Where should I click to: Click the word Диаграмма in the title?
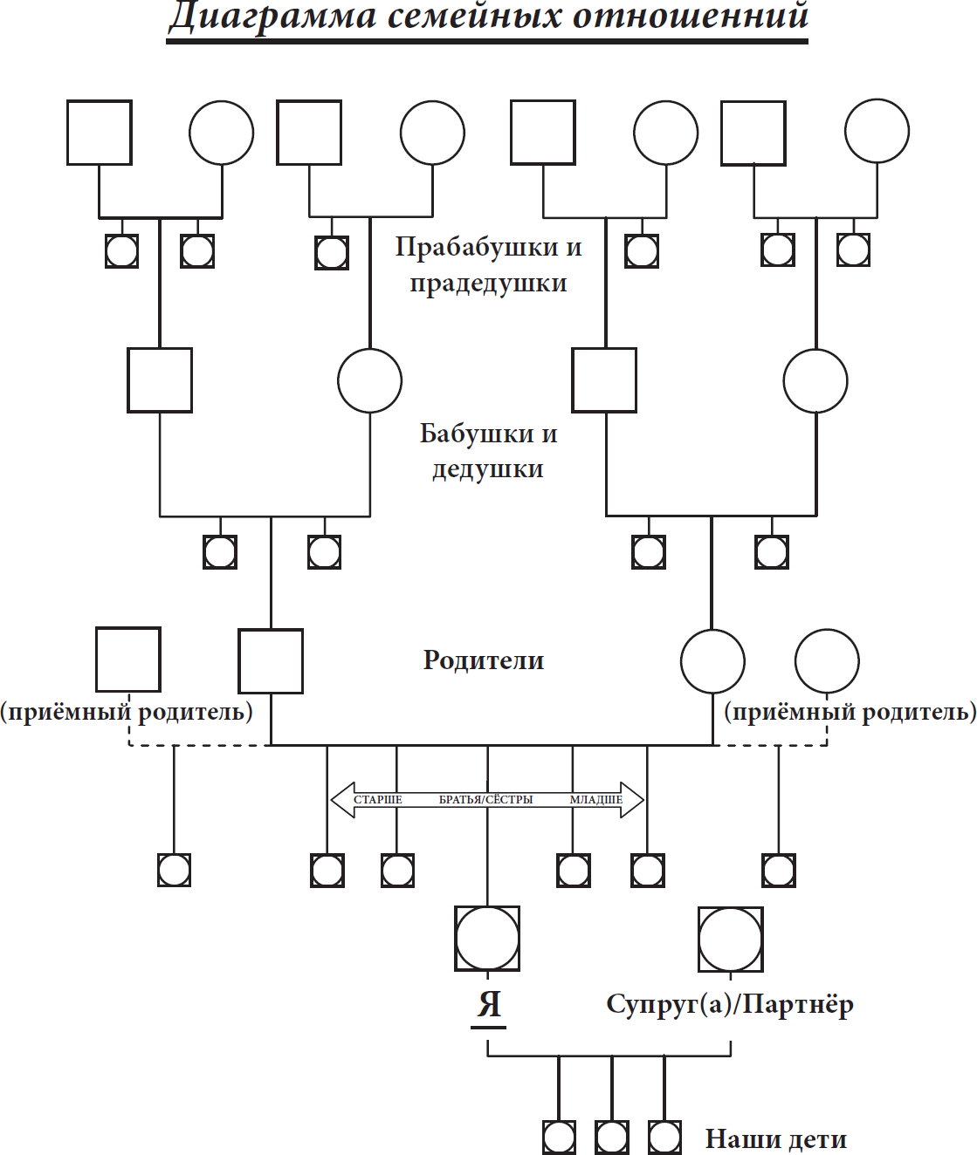pyautogui.click(x=272, y=16)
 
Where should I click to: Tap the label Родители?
pyautogui.click(x=484, y=660)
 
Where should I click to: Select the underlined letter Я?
pyautogui.click(x=489, y=1004)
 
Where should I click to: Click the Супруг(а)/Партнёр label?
pyautogui.click(x=730, y=1004)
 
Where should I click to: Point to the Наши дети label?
pyautogui.click(x=775, y=1139)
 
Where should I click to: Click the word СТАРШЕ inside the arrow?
pyautogui.click(x=378, y=800)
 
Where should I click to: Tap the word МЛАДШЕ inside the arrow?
pyautogui.click(x=596, y=800)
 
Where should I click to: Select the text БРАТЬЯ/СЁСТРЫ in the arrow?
pyautogui.click(x=485, y=800)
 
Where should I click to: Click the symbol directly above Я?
pyautogui.click(x=487, y=939)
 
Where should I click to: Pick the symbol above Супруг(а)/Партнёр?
pyautogui.click(x=730, y=939)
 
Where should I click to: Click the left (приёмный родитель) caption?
pyautogui.click(x=127, y=712)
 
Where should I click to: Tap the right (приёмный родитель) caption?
pyautogui.click(x=850, y=712)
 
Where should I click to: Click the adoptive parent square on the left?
pyautogui.click(x=128, y=660)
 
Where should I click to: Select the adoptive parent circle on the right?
pyautogui.click(x=827, y=660)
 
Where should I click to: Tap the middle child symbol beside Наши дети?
pyautogui.click(x=611, y=1138)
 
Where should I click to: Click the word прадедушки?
pyautogui.click(x=488, y=284)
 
